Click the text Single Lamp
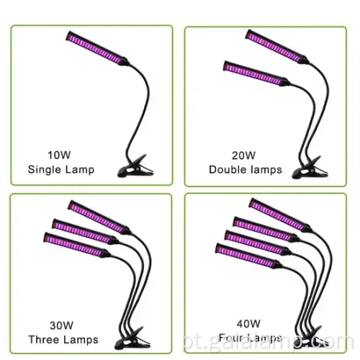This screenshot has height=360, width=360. [60, 170]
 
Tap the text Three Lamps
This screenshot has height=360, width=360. [62, 341]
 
